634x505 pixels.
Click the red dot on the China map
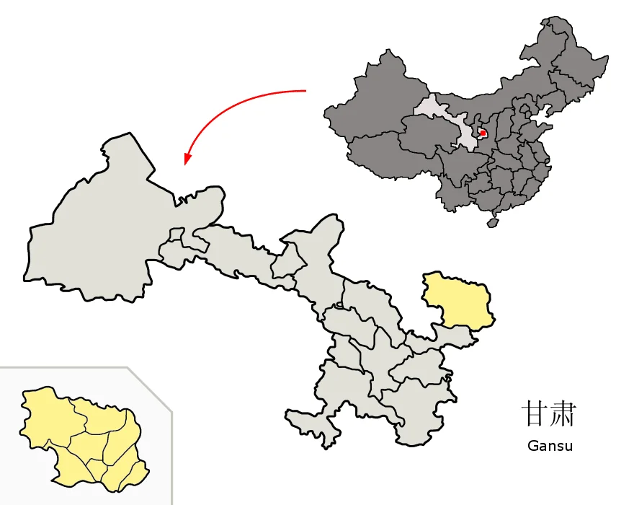pos(483,133)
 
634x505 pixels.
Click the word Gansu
pos(550,445)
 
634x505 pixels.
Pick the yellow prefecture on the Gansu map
pos(457,299)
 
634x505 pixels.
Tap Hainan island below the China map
pos(493,223)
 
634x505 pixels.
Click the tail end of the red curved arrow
pos(305,91)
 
